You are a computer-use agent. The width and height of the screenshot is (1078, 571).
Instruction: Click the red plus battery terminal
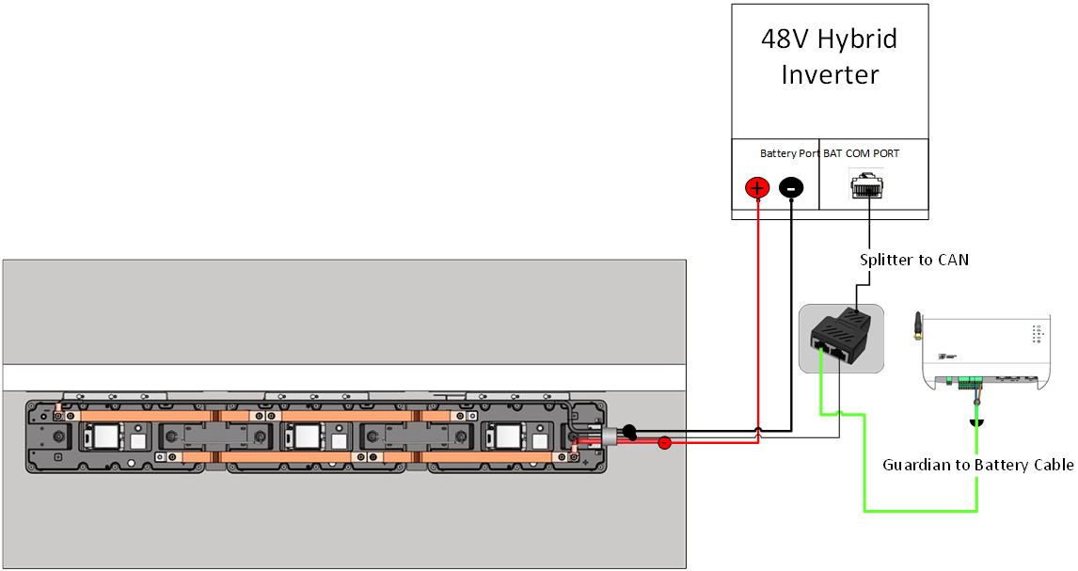tap(757, 188)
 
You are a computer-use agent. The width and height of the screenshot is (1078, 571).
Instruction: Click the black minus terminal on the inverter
tap(791, 188)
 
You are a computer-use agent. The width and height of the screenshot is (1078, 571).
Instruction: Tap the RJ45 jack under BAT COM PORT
tap(867, 184)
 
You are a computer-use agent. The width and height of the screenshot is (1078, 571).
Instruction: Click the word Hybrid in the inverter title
tap(857, 40)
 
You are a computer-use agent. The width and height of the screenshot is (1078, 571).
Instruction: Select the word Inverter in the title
tap(830, 74)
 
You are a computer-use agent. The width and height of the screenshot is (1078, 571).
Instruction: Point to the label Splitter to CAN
tap(913, 260)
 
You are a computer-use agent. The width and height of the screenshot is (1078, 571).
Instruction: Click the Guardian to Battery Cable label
tap(977, 465)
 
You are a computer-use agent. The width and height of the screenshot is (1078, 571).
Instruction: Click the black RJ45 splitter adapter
tap(839, 337)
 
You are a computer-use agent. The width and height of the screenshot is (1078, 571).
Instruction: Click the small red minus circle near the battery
tap(664, 442)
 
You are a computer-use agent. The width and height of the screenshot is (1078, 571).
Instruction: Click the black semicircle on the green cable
tap(977, 420)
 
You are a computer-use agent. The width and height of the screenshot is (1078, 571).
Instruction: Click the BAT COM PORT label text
tap(862, 153)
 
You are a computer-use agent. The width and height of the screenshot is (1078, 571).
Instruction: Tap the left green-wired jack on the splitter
tap(822, 350)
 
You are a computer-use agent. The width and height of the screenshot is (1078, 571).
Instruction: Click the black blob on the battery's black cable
tap(629, 432)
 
